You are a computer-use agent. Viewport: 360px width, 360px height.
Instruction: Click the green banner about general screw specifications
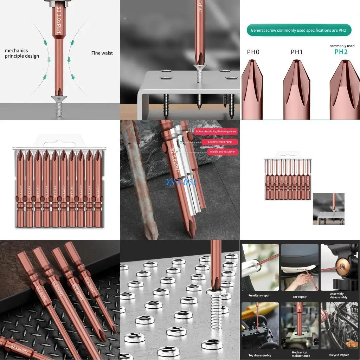pyautogui.click(x=298, y=30)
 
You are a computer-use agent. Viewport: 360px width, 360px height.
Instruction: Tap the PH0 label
pyautogui.click(x=253, y=52)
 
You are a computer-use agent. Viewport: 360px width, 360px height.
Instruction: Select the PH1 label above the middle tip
pyautogui.click(x=297, y=52)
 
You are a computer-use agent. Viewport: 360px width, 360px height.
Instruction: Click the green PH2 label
pyautogui.click(x=341, y=52)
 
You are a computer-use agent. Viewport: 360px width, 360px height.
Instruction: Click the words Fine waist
pyautogui.click(x=102, y=53)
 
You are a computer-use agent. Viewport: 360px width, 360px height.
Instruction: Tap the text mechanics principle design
pyautogui.click(x=22, y=53)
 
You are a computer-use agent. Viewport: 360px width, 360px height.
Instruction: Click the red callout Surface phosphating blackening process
pyautogui.click(x=216, y=131)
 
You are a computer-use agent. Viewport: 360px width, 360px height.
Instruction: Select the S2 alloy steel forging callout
pyautogui.click(x=220, y=142)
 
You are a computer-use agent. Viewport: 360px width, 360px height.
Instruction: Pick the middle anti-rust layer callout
pyautogui.click(x=222, y=152)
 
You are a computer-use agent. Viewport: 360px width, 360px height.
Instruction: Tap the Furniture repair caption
pyautogui.click(x=259, y=295)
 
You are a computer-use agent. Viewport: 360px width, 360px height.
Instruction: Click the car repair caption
pyautogui.click(x=300, y=297)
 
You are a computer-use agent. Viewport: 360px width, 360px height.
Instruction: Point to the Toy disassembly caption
pyautogui.click(x=260, y=355)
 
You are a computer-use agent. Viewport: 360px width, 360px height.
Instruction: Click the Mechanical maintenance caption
pyautogui.click(x=300, y=354)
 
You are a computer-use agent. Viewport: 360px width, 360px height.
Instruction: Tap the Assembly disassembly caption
pyautogui.click(x=339, y=295)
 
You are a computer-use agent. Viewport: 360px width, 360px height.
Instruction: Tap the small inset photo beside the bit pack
pyautogui.click(x=328, y=208)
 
